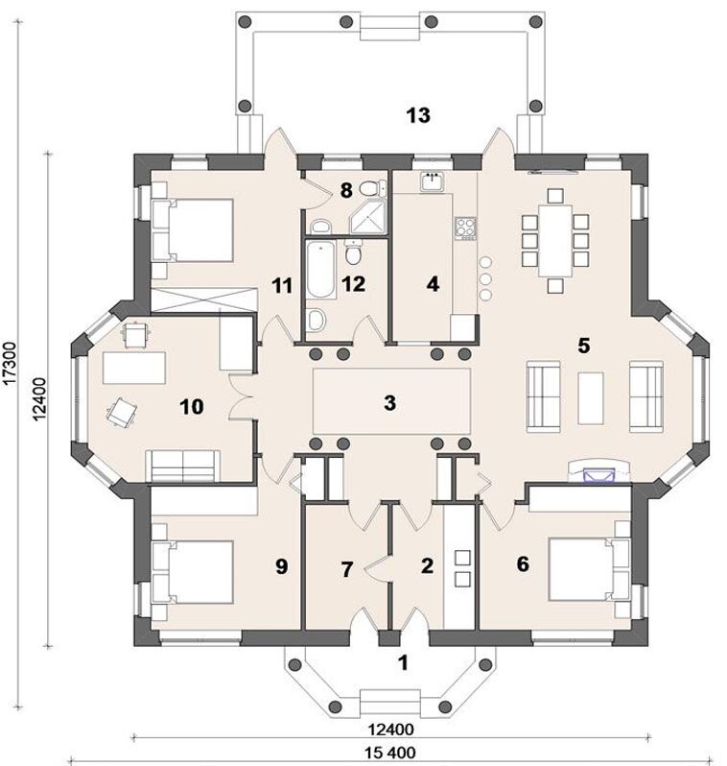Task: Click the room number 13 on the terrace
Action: click(x=418, y=115)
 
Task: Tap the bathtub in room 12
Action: click(x=321, y=269)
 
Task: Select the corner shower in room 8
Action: click(x=368, y=217)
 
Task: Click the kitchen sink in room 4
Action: click(x=433, y=181)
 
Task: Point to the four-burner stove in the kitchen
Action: click(x=466, y=228)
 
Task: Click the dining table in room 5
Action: click(x=555, y=241)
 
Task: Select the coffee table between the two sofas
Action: click(x=590, y=398)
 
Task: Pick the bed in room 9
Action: click(x=193, y=571)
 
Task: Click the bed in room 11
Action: click(x=193, y=229)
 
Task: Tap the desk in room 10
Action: click(x=134, y=368)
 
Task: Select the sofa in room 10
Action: click(x=182, y=467)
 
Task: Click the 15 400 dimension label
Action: click(x=390, y=752)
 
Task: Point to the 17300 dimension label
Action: click(x=11, y=364)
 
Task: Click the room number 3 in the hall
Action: click(x=389, y=403)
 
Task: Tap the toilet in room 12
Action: click(x=353, y=252)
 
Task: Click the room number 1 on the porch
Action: click(x=403, y=662)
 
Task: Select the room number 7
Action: click(x=346, y=569)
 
